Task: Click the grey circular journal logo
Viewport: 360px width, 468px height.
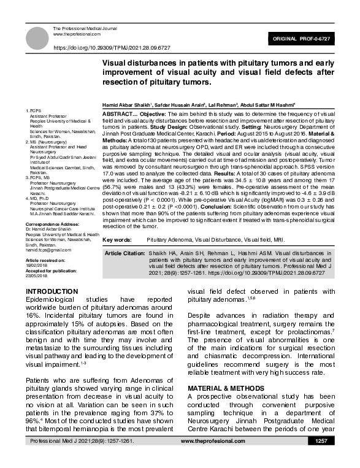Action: [x=38, y=39]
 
